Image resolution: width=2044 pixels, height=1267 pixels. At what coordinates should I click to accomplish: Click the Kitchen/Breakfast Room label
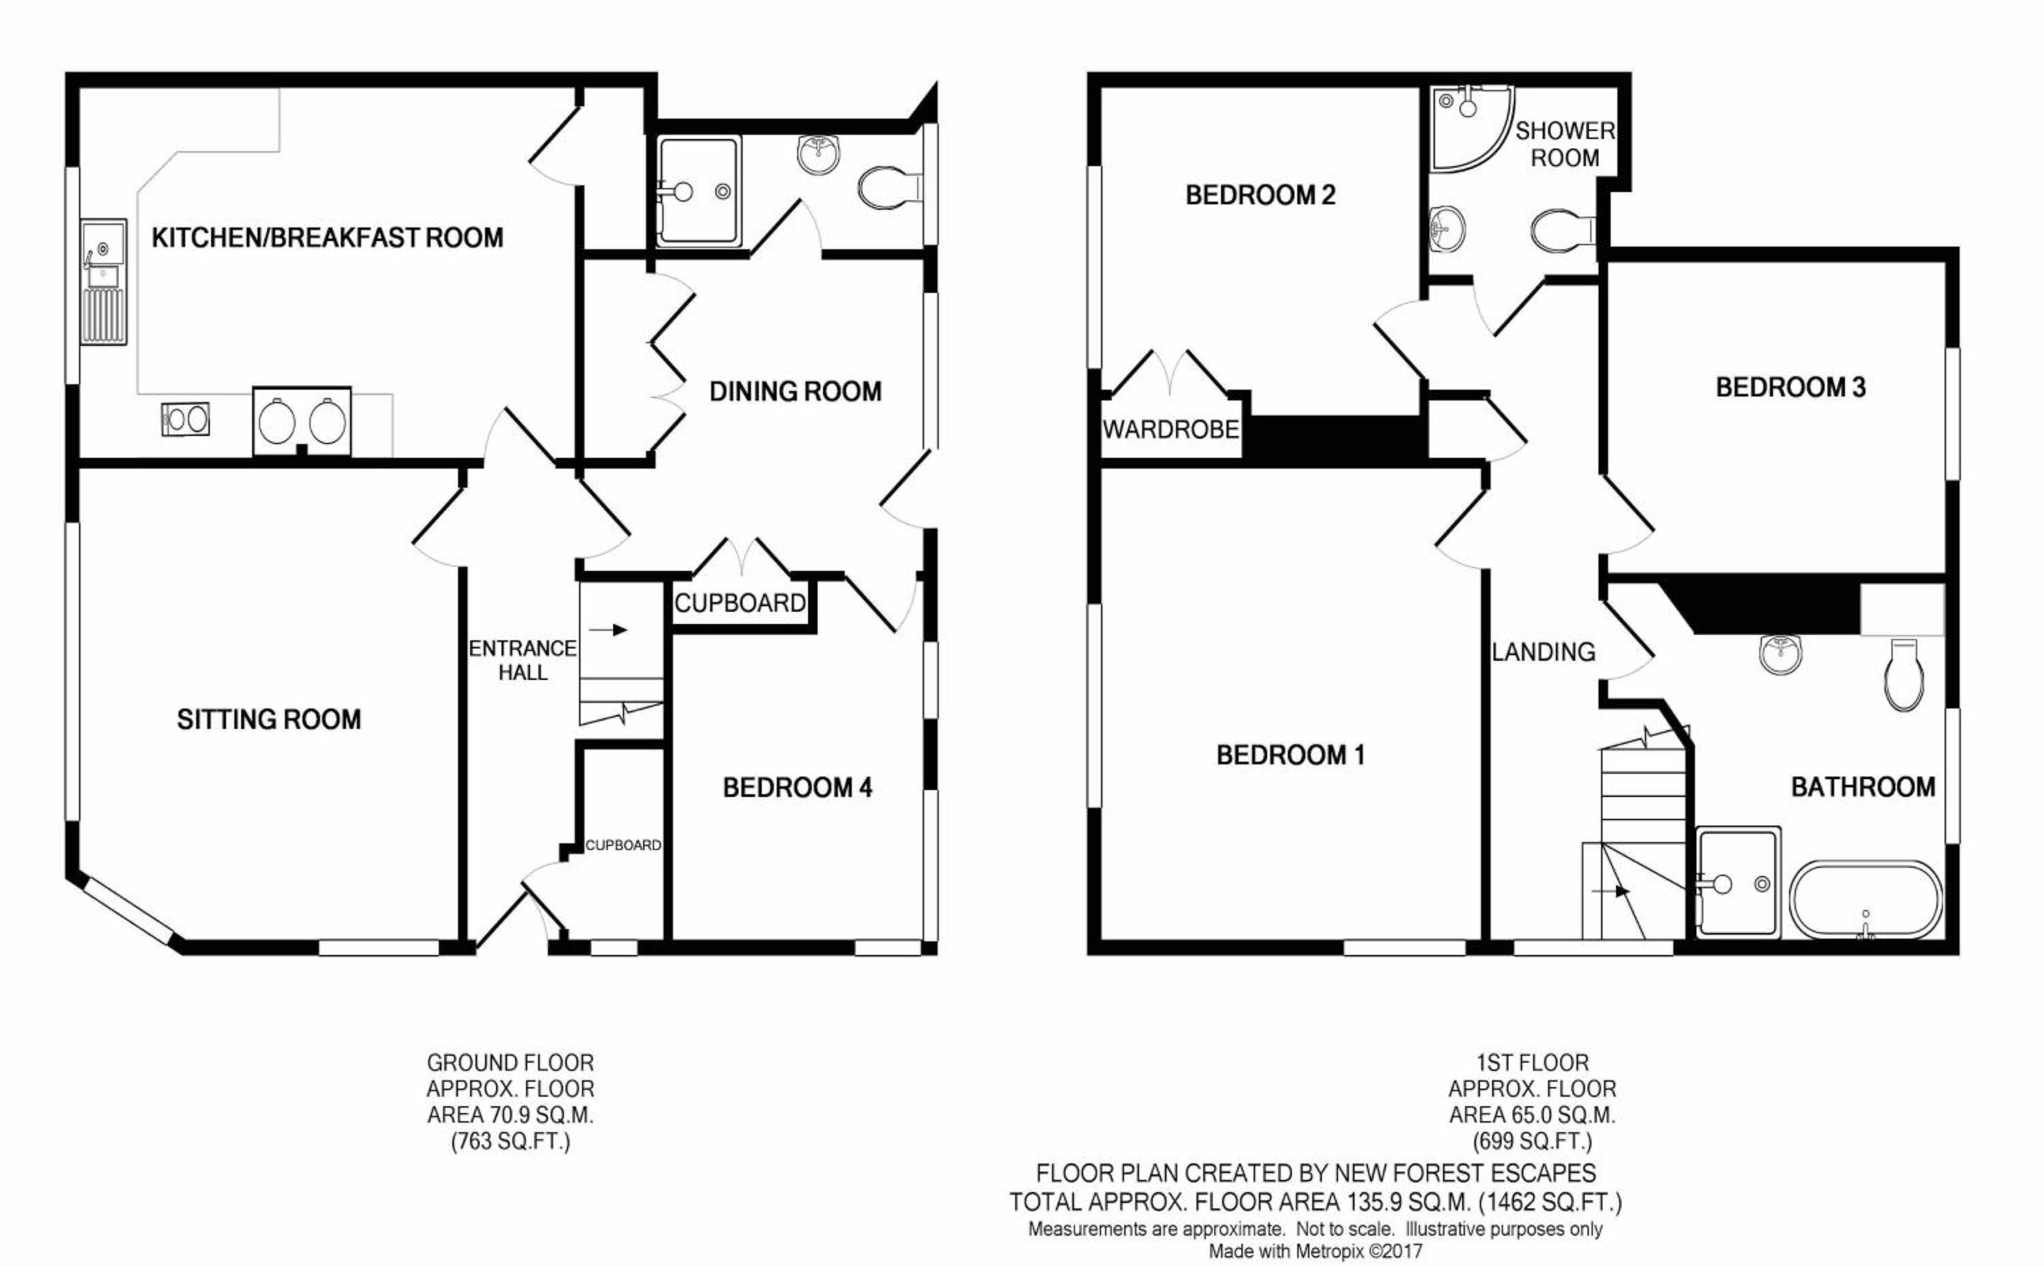pyautogui.click(x=327, y=238)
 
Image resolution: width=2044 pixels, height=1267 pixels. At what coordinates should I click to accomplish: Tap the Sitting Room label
pyautogui.click(x=269, y=719)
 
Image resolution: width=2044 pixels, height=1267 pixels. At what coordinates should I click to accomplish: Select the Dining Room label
pyautogui.click(x=795, y=391)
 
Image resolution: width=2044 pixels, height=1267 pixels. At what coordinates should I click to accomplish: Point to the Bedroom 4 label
pyautogui.click(x=797, y=787)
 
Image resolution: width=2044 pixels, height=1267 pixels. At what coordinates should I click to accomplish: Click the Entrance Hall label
pyautogui.click(x=522, y=660)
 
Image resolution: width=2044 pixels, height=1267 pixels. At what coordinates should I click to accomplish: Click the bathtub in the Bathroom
pyautogui.click(x=1865, y=900)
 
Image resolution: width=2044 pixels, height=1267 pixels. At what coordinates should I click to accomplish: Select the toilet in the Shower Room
pyautogui.click(x=1562, y=230)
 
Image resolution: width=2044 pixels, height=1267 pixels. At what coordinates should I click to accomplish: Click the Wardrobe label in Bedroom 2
pyautogui.click(x=1171, y=430)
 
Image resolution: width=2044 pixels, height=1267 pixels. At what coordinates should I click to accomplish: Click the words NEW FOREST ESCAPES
pyautogui.click(x=1465, y=1173)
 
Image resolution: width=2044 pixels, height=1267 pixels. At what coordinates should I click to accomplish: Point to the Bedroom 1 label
pyautogui.click(x=1290, y=755)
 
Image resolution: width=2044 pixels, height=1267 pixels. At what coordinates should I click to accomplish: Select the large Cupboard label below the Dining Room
pyautogui.click(x=740, y=604)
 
